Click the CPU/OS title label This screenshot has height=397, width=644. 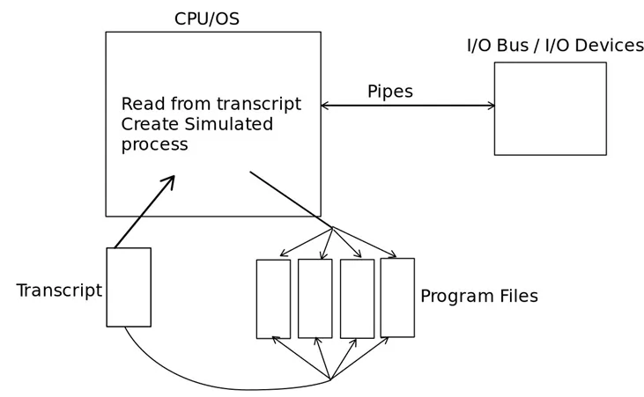coord(206,18)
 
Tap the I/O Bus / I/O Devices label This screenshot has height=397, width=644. coord(555,46)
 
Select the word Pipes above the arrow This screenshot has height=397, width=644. coord(389,92)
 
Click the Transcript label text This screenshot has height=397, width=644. coord(59,290)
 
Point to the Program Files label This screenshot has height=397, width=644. coord(478,297)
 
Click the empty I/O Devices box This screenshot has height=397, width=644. coord(550,108)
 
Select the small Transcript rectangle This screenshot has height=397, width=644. coord(129,287)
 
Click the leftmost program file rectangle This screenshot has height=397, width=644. coord(273,298)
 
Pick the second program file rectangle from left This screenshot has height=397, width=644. coord(315,298)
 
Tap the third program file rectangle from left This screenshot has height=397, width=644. coord(357,298)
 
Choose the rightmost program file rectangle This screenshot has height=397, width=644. coord(397,298)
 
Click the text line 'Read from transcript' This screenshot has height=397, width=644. coord(211,104)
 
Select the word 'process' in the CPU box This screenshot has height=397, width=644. coord(154,144)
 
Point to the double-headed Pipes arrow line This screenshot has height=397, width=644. coord(407,106)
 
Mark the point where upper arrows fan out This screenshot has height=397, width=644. coord(332,227)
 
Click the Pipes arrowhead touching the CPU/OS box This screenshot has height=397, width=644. coord(325,106)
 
